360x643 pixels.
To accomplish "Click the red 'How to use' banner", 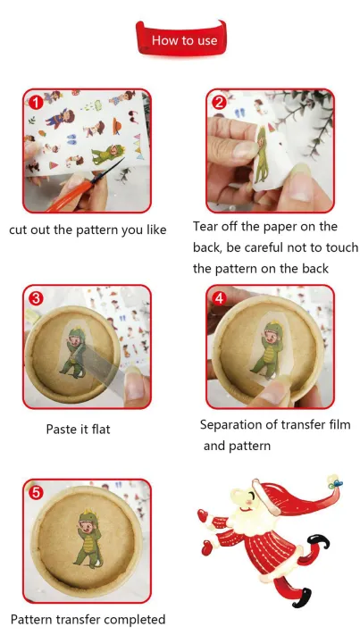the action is click(181, 39).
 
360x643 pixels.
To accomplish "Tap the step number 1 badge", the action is click(36, 102).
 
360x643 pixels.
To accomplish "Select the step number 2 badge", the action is click(220, 102).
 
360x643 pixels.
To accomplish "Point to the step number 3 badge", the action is click(36, 298).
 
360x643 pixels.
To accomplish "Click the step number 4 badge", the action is click(220, 298).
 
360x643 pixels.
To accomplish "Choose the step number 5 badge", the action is click(36, 492).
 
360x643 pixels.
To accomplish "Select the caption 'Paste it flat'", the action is click(78, 430).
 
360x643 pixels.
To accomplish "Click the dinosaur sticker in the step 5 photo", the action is click(88, 539).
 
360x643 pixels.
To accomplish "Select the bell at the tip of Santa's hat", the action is click(334, 481).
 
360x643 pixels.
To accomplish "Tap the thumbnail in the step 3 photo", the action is click(134, 386).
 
